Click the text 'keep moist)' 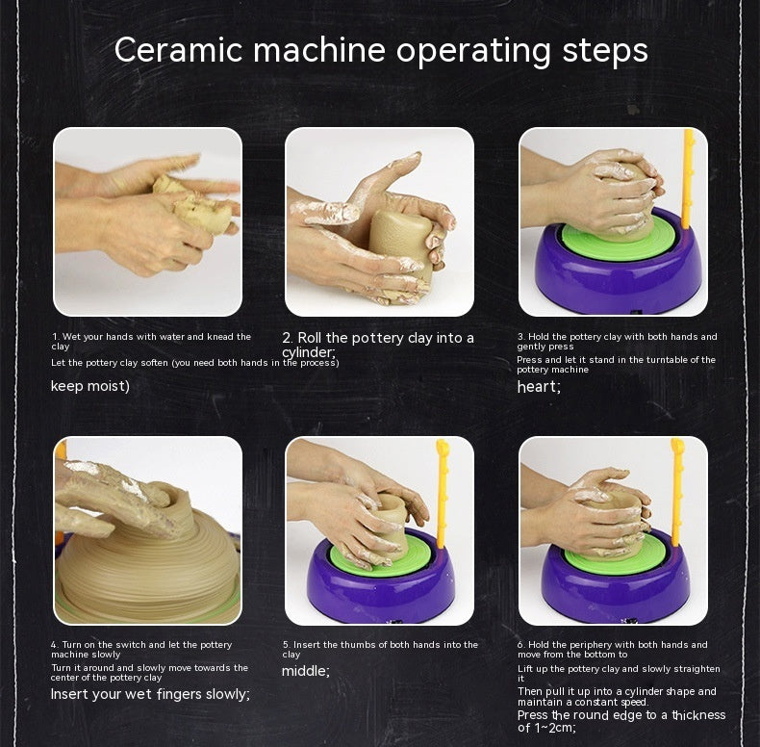click(x=89, y=386)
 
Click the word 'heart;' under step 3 click(x=539, y=387)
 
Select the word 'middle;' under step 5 click(x=305, y=671)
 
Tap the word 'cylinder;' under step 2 click(x=309, y=352)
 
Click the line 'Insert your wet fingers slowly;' click(x=150, y=693)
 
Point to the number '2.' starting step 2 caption click(x=288, y=338)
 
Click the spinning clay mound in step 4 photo click(x=144, y=568)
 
